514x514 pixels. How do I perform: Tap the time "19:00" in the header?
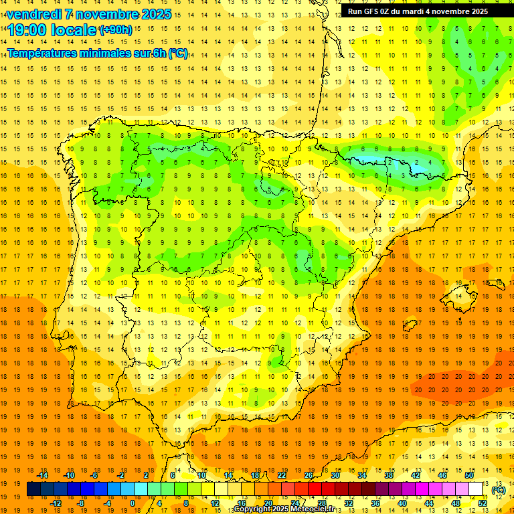[x=27, y=29]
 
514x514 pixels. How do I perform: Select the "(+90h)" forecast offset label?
[x=116, y=29]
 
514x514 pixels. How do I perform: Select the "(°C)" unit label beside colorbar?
[x=499, y=491]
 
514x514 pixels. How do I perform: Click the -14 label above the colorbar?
[x=42, y=475]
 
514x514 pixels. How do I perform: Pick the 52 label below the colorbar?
[x=483, y=503]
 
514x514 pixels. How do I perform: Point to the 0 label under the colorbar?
[x=133, y=503]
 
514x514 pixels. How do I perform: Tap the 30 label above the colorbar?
[x=335, y=475]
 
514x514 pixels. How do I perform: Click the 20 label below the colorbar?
[x=268, y=503]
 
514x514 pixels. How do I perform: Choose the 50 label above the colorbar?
[x=469, y=475]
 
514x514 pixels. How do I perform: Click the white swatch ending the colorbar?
[x=476, y=489]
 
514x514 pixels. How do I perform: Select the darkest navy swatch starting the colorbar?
[x=33, y=489]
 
